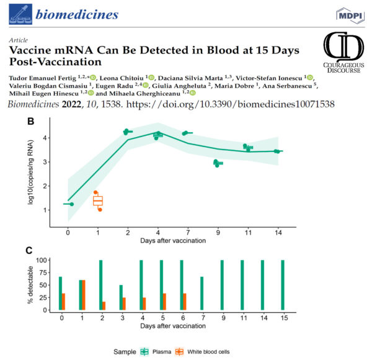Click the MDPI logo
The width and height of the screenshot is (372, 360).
coord(350,16)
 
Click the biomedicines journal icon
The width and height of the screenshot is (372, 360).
coord(20,14)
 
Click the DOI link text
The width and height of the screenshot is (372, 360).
coord(231,104)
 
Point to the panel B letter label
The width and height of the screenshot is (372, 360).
coord(30,122)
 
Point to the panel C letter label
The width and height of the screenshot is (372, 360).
coord(29,251)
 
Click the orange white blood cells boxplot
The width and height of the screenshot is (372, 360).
coord(98,201)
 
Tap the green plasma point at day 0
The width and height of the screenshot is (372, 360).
coord(72,204)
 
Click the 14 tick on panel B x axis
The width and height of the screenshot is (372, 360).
coord(278,233)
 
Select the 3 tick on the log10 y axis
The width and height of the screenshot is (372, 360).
coord(45,162)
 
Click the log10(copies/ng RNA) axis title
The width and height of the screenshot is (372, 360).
coord(30,173)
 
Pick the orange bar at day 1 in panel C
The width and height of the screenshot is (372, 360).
coord(84,295)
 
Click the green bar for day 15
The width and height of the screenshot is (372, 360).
coord(283,285)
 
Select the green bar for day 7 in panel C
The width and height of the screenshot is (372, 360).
coord(202,293)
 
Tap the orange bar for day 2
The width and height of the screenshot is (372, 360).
coord(104,306)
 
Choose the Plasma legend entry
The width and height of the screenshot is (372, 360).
coord(156,352)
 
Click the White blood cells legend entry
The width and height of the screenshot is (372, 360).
coord(202,352)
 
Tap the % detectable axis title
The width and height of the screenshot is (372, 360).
coord(30,285)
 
